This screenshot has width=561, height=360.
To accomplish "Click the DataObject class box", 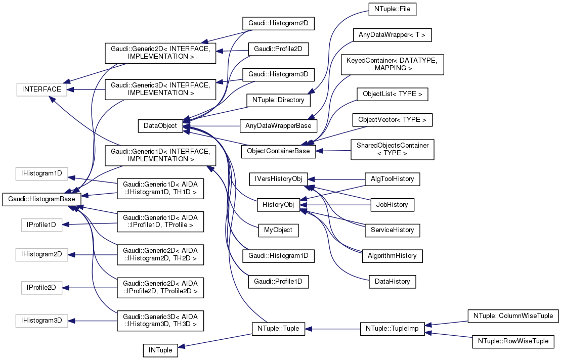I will (160, 126).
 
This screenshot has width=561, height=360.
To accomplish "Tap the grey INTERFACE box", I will (41, 89).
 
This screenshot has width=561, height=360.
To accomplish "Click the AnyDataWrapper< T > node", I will (387, 35).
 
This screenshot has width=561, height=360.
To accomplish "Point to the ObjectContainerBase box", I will (278, 151).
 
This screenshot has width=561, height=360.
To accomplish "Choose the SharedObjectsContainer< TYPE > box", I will (392, 149).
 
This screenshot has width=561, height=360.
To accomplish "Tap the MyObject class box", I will (278, 230).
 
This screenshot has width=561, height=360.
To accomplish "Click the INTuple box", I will (160, 350).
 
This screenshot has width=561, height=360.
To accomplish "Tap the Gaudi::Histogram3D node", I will (279, 74).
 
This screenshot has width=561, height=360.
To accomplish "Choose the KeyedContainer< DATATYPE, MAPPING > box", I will (393, 64).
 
